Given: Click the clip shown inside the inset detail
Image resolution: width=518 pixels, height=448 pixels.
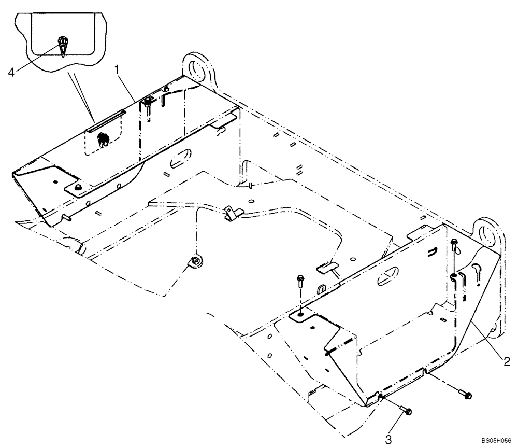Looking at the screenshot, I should [62, 46].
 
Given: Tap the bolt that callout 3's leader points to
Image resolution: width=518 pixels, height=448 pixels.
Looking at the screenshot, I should [406, 410].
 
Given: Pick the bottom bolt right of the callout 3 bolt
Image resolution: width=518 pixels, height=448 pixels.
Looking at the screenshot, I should [464, 394].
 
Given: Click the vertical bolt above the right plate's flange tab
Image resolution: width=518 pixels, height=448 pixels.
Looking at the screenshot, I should [301, 283].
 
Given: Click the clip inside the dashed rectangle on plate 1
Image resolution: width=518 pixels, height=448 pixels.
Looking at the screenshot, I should [103, 137].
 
